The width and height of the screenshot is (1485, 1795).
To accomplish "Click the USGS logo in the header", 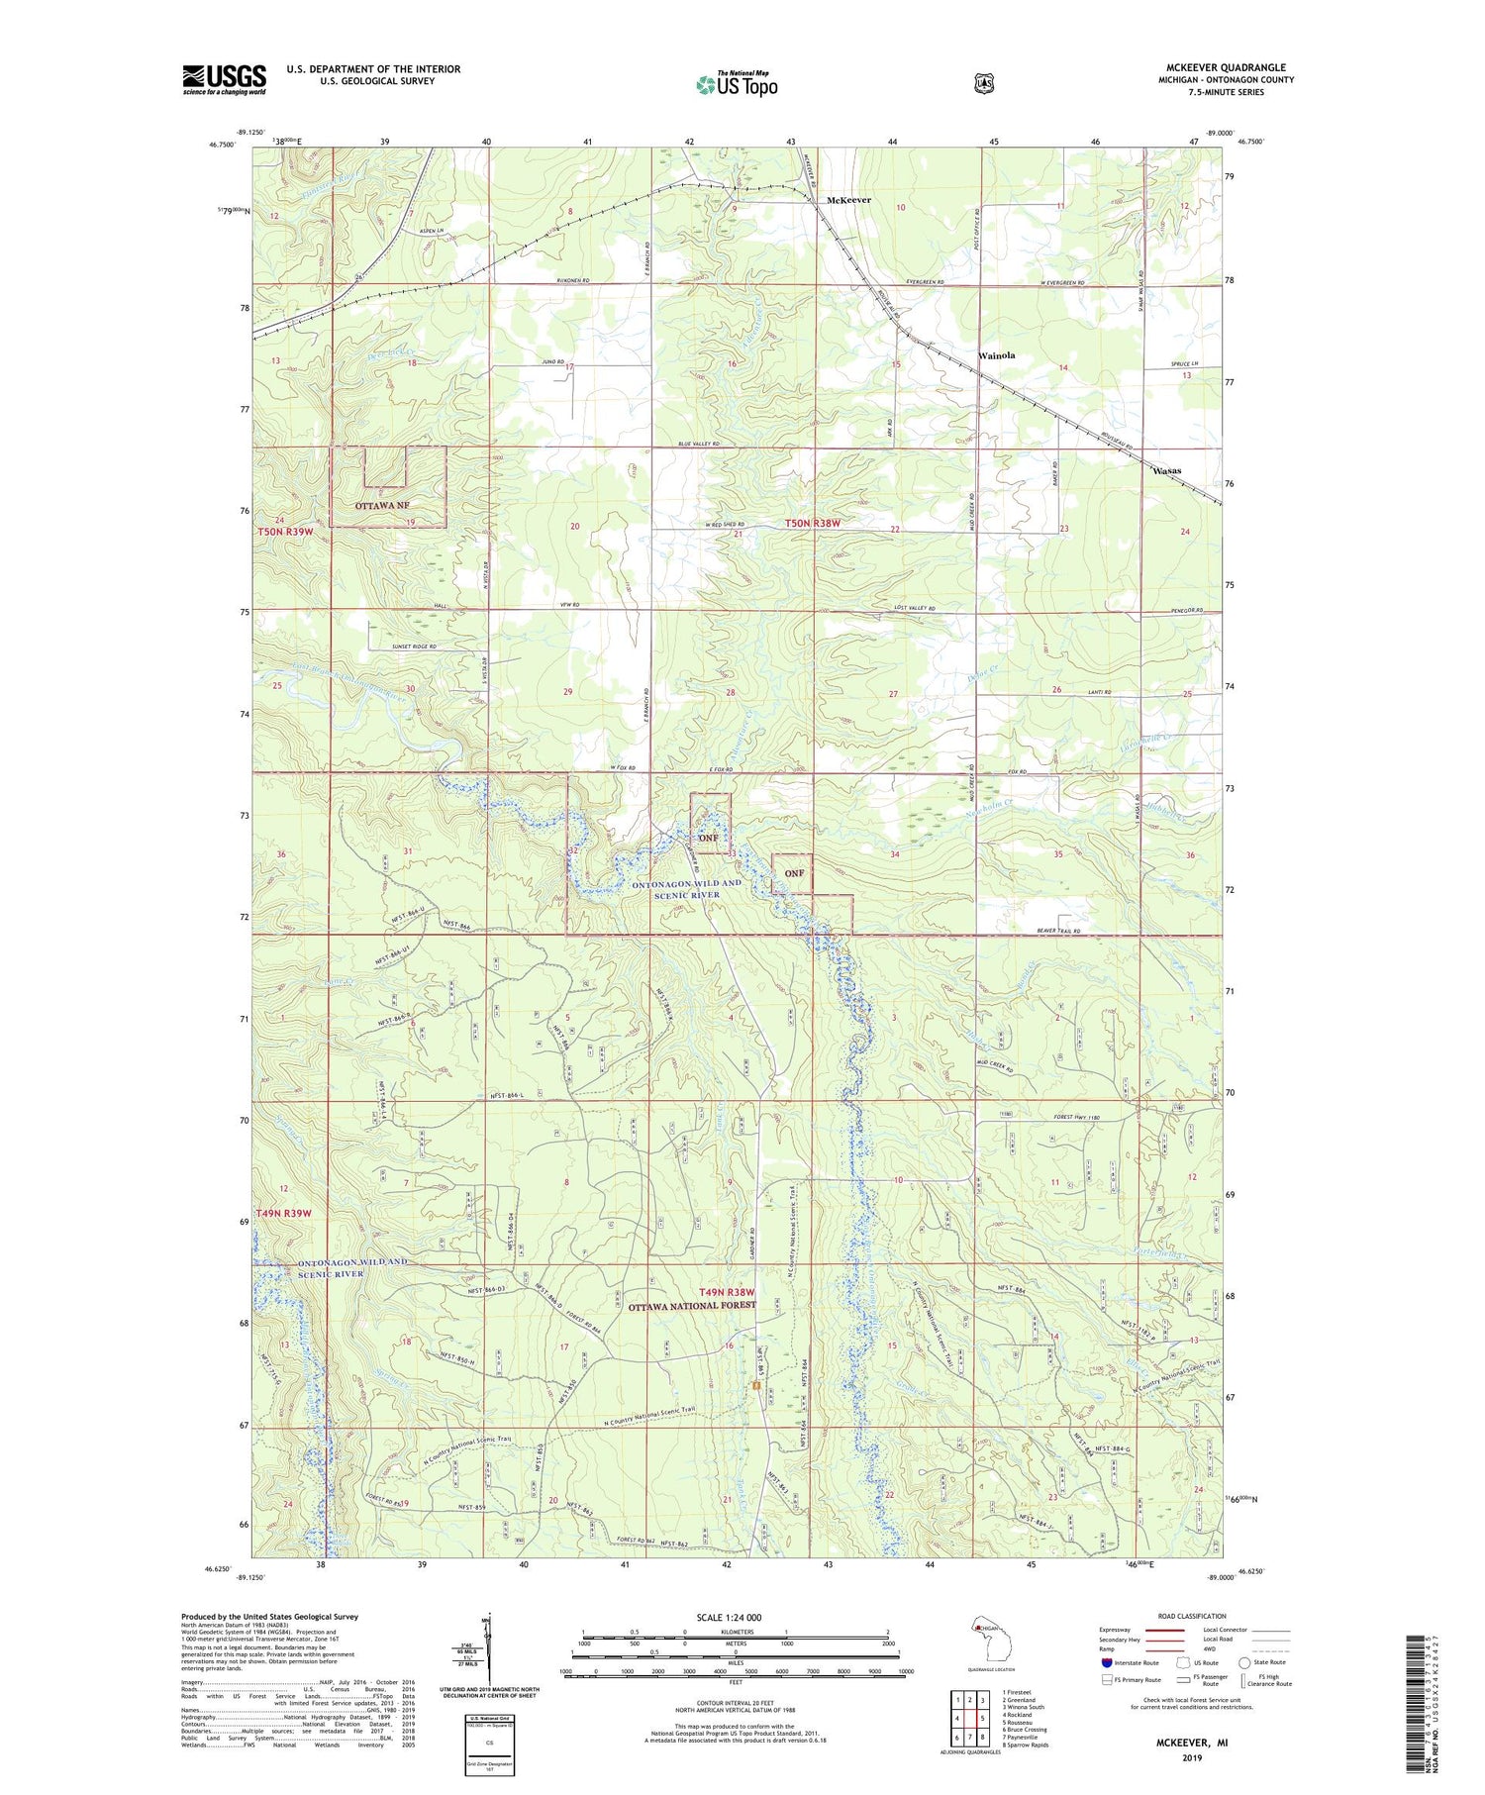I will tap(224, 79).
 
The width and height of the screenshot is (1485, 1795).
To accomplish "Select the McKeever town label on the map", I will tap(848, 200).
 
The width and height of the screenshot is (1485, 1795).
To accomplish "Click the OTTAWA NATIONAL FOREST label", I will tap(691, 1305).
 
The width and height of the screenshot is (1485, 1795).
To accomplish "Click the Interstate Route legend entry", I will tap(1129, 1662).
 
